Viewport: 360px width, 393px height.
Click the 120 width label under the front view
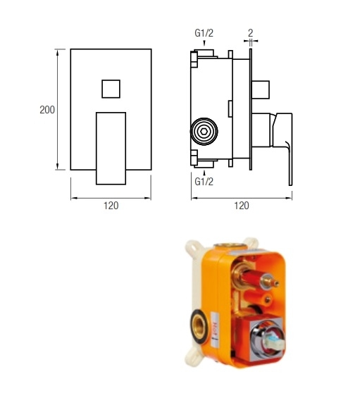[111, 206]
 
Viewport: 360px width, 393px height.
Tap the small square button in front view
[111, 89]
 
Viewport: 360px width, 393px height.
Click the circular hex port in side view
[204, 131]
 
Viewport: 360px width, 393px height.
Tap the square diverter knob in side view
[262, 89]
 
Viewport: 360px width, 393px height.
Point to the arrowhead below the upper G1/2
[204, 46]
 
